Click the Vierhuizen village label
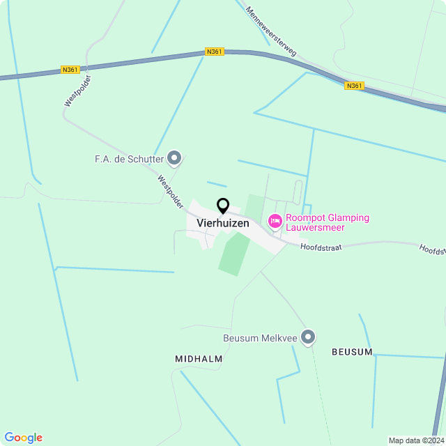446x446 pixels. [x=223, y=224]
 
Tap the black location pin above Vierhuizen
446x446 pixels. [x=223, y=206]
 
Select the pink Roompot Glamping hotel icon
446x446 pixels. [x=275, y=222]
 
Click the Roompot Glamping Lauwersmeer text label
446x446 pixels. [x=328, y=223]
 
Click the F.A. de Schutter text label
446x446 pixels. [x=130, y=160]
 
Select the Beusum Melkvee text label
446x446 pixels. [x=260, y=339]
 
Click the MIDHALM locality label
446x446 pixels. [x=199, y=358]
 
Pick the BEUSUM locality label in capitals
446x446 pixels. [x=352, y=352]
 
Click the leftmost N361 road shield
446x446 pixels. [x=70, y=69]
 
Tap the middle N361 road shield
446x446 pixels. [x=215, y=52]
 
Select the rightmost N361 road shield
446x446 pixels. [x=354, y=86]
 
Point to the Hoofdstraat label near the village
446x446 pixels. [x=321, y=247]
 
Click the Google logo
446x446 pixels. [x=24, y=438]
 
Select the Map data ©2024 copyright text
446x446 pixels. [x=416, y=440]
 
